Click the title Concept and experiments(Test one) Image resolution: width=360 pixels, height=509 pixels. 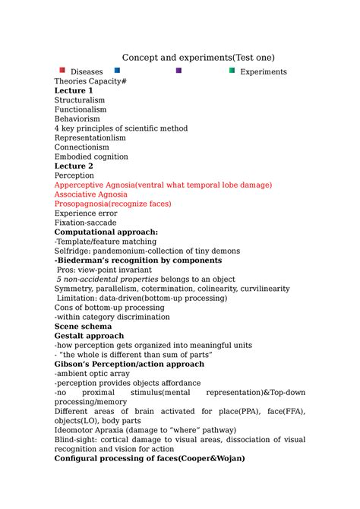point(198,58)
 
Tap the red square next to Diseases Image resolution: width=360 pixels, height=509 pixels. point(62,71)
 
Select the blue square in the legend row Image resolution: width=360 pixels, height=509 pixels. point(117,71)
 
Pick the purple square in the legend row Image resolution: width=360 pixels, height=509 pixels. point(178,71)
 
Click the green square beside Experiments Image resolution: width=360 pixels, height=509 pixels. point(232,71)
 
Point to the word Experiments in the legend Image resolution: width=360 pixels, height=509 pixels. point(263,72)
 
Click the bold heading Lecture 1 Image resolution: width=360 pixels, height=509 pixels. point(74,90)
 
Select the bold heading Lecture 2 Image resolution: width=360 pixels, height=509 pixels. point(74,166)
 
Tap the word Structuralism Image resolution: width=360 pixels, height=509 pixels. point(80,100)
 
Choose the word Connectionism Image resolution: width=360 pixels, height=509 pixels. point(81,147)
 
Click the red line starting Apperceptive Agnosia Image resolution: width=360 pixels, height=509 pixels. point(163,185)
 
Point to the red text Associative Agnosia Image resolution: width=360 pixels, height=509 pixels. point(90,194)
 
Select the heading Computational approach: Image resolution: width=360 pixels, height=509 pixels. point(106,232)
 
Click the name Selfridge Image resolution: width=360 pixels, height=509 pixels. point(71,251)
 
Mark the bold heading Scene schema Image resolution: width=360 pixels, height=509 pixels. point(83,326)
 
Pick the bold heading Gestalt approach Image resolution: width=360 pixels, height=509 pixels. point(89,336)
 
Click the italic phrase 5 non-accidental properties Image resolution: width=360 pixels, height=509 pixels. point(106,280)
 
